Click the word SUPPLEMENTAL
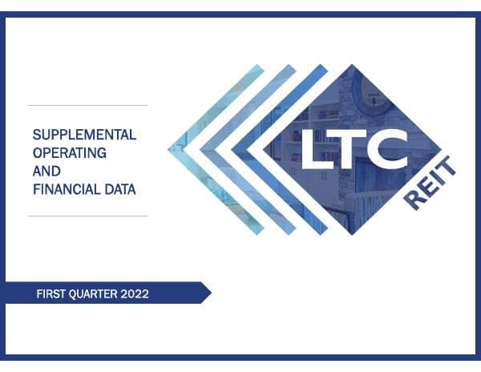click(84, 135)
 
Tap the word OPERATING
click(70, 152)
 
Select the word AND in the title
click(46, 171)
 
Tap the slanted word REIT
click(430, 184)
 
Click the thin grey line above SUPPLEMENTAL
click(87, 105)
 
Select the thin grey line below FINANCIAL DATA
click(87, 216)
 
